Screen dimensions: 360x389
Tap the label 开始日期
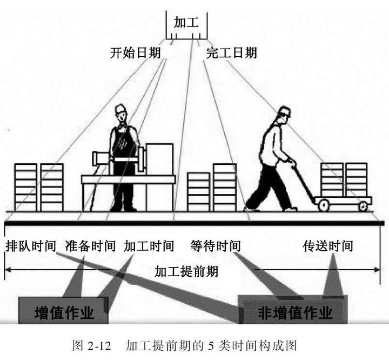136,53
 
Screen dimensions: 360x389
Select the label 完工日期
231,53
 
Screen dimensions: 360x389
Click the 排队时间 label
30,246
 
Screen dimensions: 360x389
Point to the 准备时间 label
90,246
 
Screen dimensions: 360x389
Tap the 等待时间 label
216,246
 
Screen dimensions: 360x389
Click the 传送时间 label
327,246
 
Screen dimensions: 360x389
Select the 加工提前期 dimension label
186,271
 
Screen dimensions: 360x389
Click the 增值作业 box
64,313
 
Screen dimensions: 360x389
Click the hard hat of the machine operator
120,109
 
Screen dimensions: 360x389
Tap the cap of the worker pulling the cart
284,111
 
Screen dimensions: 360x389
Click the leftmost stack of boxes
25,186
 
